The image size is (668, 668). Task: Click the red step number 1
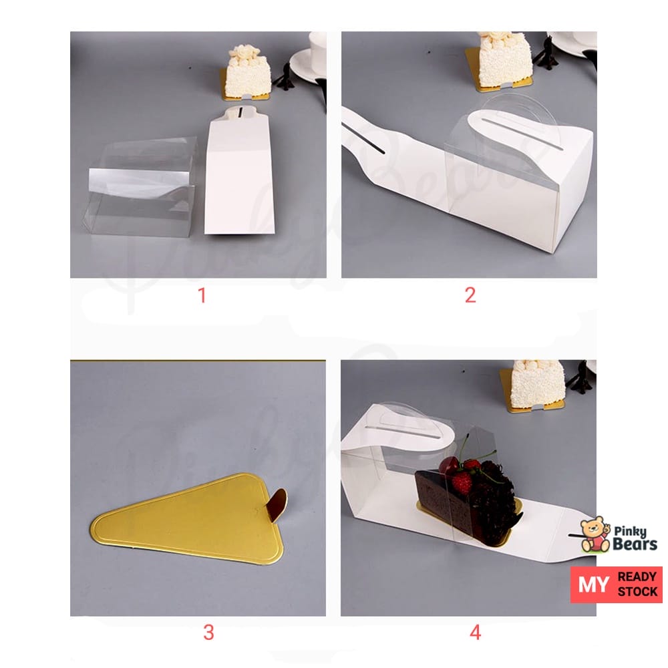click(x=202, y=295)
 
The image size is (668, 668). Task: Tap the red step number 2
click(x=470, y=295)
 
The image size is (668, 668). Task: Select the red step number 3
click(x=208, y=632)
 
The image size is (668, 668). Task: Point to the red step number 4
click(x=475, y=632)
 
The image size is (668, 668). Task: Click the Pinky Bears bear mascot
click(x=595, y=534)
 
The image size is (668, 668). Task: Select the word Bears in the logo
click(x=635, y=544)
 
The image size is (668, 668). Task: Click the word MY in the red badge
click(x=593, y=584)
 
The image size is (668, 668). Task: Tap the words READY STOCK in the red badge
click(x=637, y=584)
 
